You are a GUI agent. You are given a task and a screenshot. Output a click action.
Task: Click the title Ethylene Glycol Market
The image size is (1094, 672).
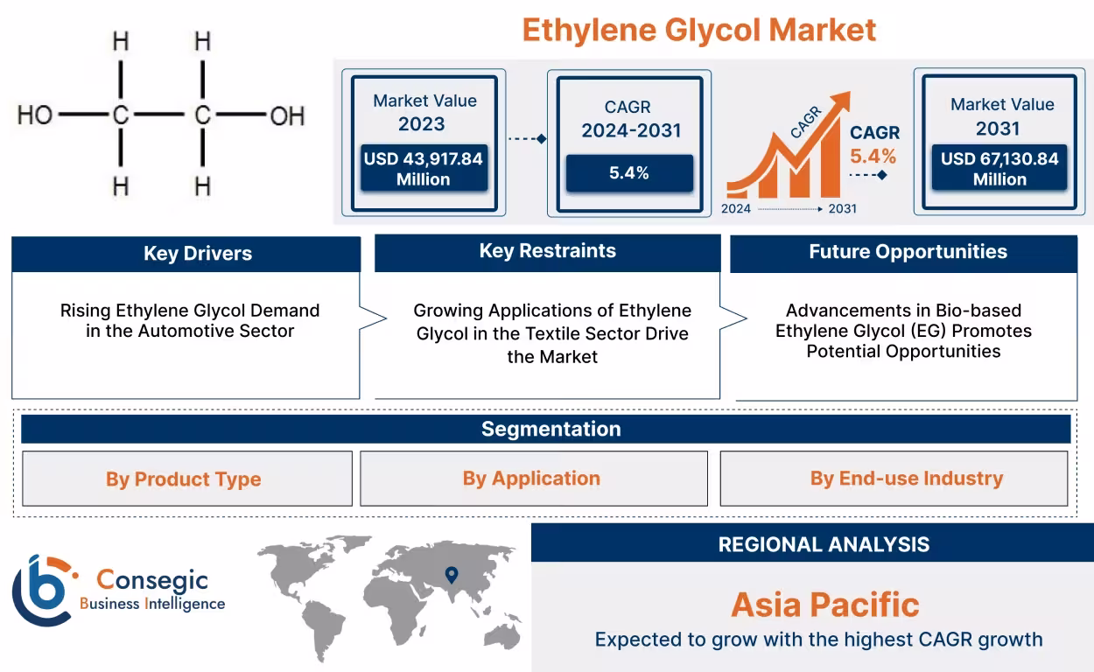(698, 30)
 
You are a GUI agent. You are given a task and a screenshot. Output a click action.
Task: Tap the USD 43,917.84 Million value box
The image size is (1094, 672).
(424, 169)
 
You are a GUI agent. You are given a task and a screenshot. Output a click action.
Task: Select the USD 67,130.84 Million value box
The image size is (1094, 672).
(999, 169)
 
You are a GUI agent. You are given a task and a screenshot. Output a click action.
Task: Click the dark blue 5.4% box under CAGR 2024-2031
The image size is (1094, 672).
(629, 173)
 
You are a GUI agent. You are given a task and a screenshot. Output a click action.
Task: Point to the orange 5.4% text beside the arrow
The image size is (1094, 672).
(873, 157)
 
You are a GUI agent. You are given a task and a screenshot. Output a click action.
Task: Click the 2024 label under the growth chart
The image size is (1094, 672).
(736, 209)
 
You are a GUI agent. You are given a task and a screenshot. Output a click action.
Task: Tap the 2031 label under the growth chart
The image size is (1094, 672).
(842, 209)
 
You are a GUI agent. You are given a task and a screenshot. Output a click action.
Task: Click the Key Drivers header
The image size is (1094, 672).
(186, 254)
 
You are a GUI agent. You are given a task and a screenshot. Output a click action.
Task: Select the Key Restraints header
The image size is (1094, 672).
(547, 252)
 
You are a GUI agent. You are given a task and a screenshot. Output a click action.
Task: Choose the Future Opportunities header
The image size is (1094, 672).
(907, 252)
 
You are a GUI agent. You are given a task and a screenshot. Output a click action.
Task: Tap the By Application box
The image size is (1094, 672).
(533, 479)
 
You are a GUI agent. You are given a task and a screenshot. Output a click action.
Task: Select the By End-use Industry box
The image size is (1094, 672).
(894, 479)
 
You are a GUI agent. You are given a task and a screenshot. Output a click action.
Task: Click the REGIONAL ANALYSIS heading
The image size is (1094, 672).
(823, 544)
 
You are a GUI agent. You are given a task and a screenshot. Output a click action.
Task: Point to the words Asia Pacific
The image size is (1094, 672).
(824, 605)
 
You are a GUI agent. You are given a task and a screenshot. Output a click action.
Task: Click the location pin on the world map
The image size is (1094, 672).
(452, 575)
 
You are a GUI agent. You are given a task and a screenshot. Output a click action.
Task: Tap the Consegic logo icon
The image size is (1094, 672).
(42, 590)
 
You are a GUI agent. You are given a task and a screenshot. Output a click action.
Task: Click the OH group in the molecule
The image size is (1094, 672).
(286, 115)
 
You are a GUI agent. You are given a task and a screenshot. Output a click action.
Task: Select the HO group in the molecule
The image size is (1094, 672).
(35, 115)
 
